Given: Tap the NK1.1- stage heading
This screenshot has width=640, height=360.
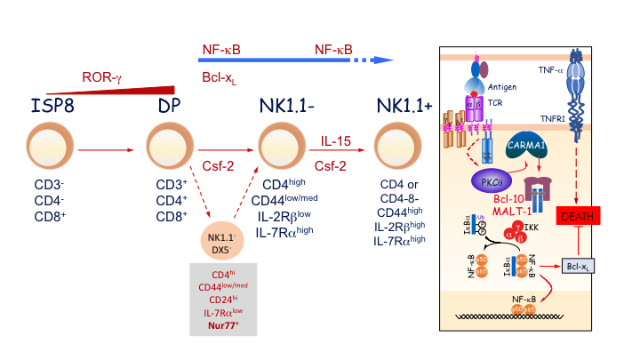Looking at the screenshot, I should (283, 108).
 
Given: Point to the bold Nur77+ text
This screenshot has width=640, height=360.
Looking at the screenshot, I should (226, 325).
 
